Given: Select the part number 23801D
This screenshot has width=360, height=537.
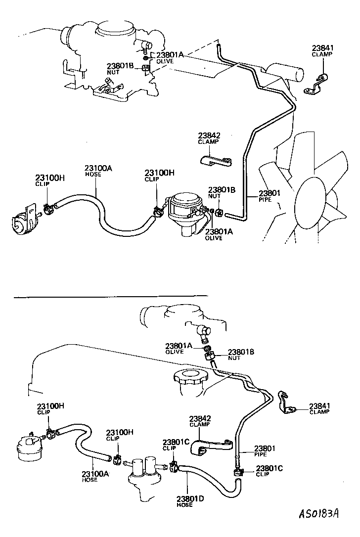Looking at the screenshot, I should click(190, 500).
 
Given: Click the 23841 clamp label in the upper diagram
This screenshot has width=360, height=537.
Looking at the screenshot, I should click(322, 51).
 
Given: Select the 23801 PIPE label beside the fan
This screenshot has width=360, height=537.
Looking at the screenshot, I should click(270, 197).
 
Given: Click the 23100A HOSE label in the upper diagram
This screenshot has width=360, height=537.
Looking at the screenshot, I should click(98, 171).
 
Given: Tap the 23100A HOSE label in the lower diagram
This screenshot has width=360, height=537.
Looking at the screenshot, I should click(95, 476).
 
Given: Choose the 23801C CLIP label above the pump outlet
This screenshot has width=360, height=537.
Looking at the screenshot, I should click(176, 445).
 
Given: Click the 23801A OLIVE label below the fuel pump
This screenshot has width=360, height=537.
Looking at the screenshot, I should click(220, 234).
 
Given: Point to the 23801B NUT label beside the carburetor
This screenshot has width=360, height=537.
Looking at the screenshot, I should click(120, 68).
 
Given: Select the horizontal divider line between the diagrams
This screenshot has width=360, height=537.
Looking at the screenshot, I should click(111, 297).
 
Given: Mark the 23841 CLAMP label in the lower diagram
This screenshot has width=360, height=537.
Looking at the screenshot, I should click(319, 408).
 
